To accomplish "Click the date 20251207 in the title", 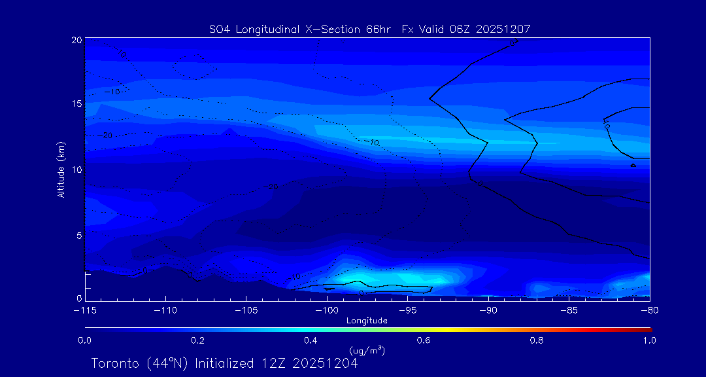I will [x=503, y=29].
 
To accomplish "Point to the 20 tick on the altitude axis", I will [x=76, y=40].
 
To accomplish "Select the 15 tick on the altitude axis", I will [x=76, y=104].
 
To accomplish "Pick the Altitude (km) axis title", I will [x=61, y=170].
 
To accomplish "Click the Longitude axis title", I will [x=367, y=321].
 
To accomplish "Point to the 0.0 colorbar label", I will [x=84, y=340].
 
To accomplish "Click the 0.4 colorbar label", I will [x=311, y=340].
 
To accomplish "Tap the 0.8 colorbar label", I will [x=537, y=340].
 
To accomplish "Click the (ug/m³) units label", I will [x=367, y=351].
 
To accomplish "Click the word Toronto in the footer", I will [x=115, y=363].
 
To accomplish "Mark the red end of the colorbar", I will [x=647, y=329].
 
